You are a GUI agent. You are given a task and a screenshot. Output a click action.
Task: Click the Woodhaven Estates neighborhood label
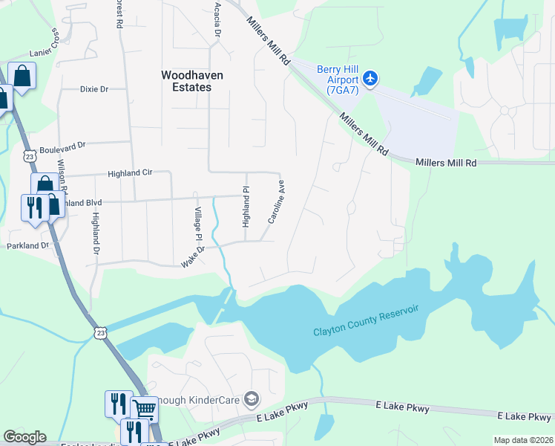pyautogui.click(x=186, y=81)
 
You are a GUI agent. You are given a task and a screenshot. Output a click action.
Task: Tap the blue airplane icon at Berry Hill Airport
pyautogui.click(x=371, y=78)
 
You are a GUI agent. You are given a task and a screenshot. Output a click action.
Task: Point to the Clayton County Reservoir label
pyautogui.click(x=366, y=320)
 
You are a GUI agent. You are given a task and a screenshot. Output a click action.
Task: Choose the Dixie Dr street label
pyautogui.click(x=94, y=89)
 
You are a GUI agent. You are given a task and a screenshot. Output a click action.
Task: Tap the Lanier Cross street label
pyautogui.click(x=44, y=47)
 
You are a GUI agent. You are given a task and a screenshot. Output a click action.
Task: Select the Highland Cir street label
pyautogui.click(x=129, y=172)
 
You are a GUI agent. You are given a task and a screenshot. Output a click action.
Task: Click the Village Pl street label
pyautogui.click(x=198, y=224)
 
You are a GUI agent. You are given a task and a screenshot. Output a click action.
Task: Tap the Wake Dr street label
pyautogui.click(x=192, y=257)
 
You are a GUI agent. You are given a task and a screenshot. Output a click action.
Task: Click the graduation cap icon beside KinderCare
pyautogui.click(x=252, y=400)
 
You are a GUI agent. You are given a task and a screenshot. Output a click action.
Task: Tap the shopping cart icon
pyautogui.click(x=144, y=409)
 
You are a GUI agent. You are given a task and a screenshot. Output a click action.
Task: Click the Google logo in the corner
pyautogui.click(x=24, y=437)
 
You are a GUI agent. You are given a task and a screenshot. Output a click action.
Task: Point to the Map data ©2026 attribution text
pyautogui.click(x=523, y=440)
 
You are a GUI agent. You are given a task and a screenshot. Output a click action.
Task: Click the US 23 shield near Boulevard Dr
pyautogui.click(x=29, y=157)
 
